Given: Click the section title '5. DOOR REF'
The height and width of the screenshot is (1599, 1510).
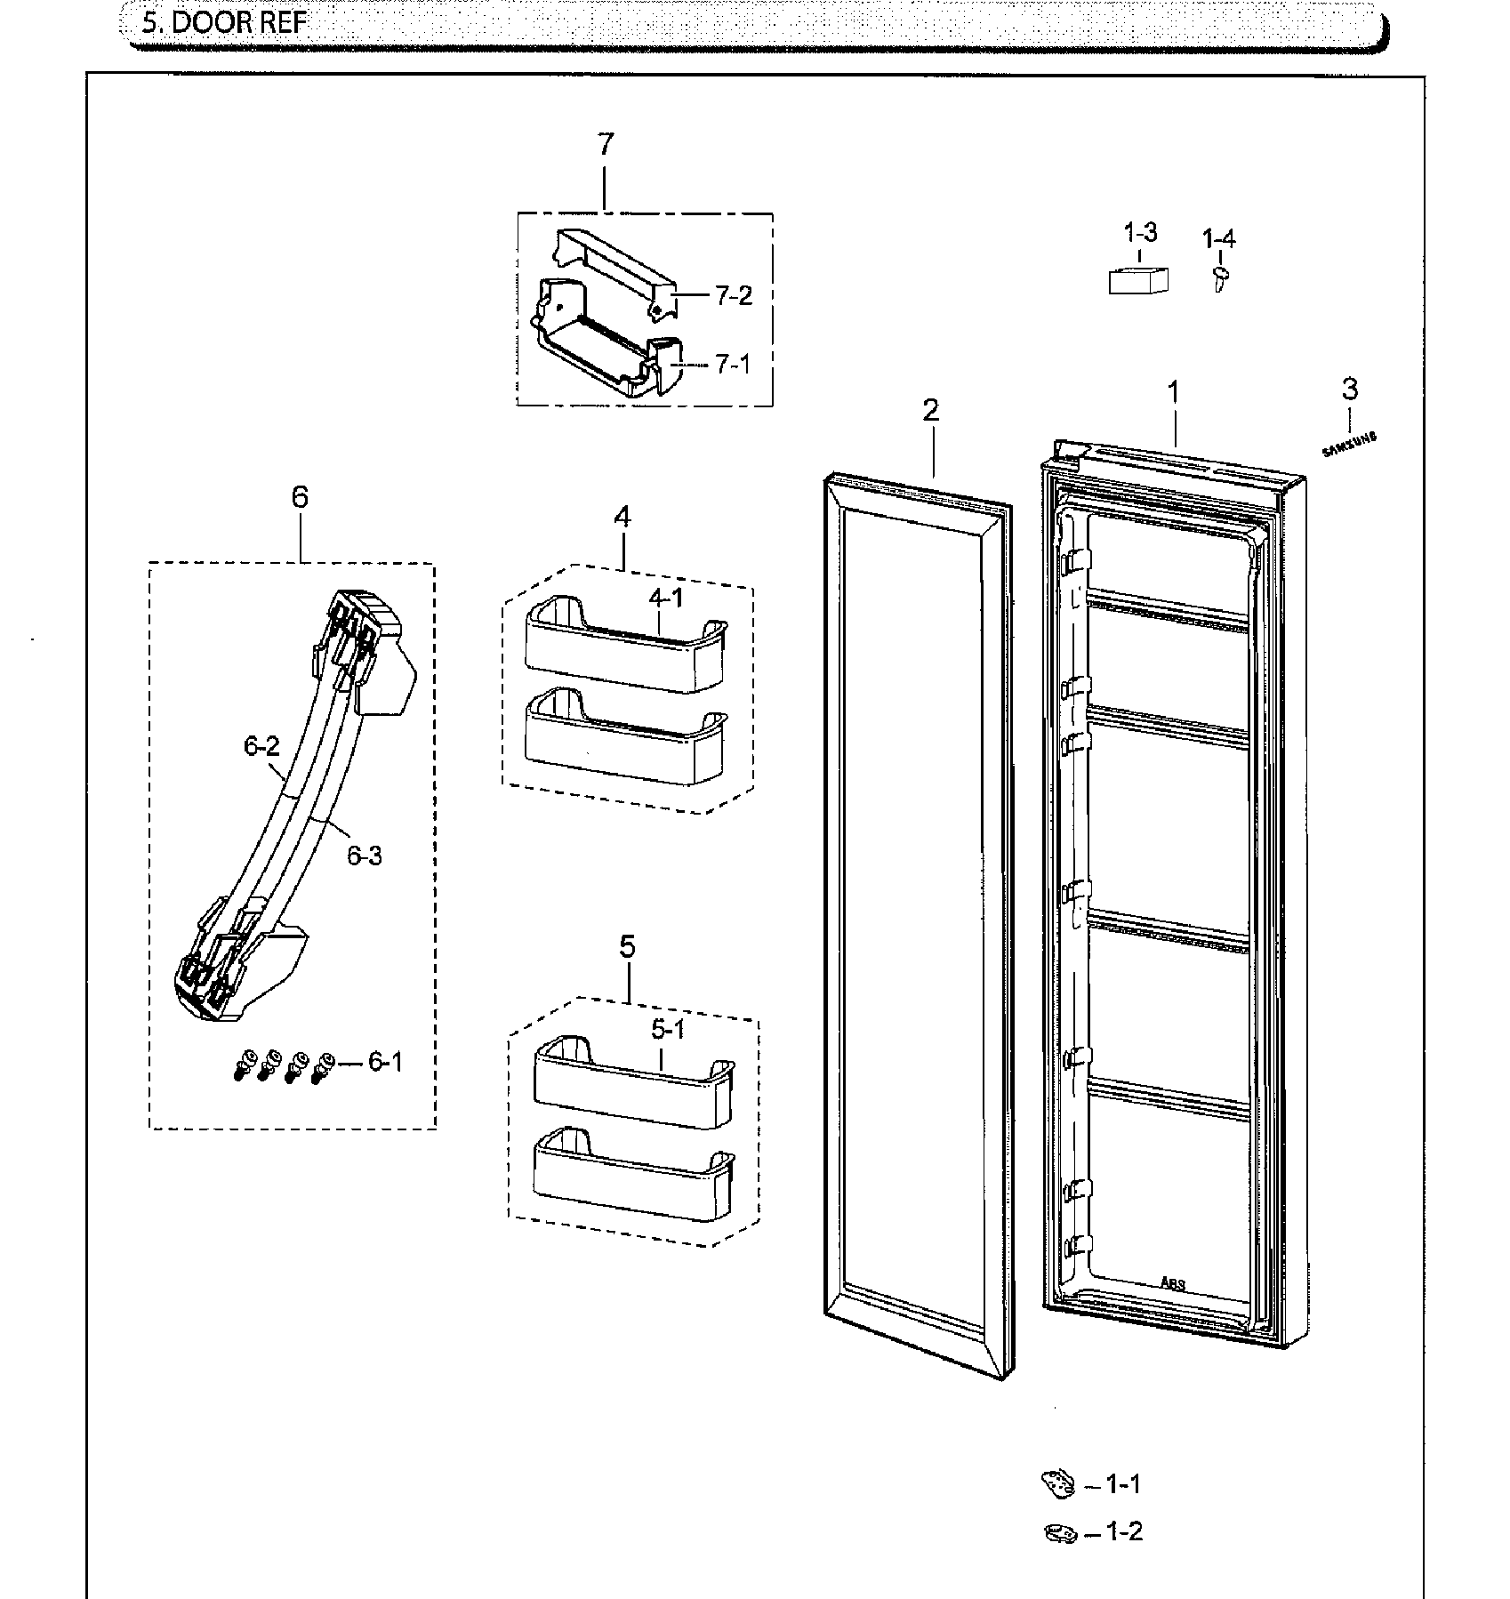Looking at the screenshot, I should pyautogui.click(x=223, y=21).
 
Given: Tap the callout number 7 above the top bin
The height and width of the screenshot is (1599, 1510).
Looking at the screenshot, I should pyautogui.click(x=605, y=144).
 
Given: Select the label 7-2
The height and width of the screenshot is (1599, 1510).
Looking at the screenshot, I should pyautogui.click(x=733, y=296).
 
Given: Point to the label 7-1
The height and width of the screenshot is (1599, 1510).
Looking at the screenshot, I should pyautogui.click(x=732, y=365).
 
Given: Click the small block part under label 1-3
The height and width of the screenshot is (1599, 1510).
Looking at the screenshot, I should pyautogui.click(x=1137, y=279).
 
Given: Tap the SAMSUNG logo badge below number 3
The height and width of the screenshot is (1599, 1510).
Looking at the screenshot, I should pyautogui.click(x=1349, y=444).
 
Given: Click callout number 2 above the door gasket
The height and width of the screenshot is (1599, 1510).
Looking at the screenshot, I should pyautogui.click(x=930, y=411).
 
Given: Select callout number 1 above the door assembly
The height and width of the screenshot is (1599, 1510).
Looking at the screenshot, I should pyautogui.click(x=1174, y=392).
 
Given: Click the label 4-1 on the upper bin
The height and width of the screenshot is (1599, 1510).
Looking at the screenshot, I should pyautogui.click(x=666, y=599).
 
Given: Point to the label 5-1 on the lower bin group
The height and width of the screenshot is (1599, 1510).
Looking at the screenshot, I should pyautogui.click(x=668, y=1030).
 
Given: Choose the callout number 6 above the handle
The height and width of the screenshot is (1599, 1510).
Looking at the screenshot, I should pyautogui.click(x=300, y=497).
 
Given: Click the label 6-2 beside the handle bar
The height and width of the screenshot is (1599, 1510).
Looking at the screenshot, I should pyautogui.click(x=261, y=746).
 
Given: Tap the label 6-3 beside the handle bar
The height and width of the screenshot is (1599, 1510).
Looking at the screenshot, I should pyautogui.click(x=364, y=856).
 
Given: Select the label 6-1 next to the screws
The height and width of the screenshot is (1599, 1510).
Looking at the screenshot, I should pyautogui.click(x=384, y=1062).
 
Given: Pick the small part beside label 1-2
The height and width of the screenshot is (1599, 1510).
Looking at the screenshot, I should pyautogui.click(x=1059, y=1532).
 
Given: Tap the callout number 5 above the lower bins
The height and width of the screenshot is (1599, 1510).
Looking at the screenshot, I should pyautogui.click(x=627, y=947).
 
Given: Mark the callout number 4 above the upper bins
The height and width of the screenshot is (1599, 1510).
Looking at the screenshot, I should pyautogui.click(x=622, y=517).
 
